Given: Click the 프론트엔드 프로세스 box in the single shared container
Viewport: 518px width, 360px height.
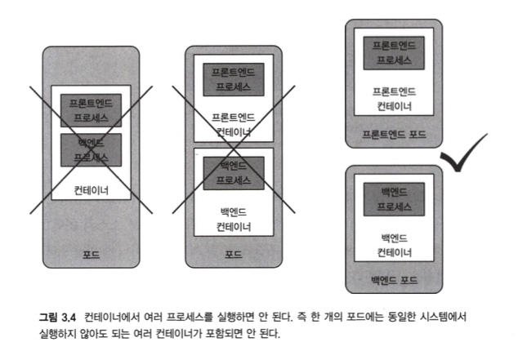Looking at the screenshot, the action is click(x=92, y=110).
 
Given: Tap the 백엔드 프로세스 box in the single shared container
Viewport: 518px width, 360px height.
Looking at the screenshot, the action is click(x=92, y=149).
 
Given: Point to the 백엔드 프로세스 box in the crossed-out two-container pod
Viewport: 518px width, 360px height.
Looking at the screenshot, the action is click(x=234, y=172).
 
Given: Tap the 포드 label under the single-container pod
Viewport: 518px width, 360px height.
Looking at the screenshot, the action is click(x=91, y=255).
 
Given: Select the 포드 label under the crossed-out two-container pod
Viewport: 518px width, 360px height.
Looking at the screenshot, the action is click(x=234, y=255).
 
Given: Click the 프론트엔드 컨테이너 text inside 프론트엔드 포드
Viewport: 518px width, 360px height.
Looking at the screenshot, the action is click(x=395, y=99).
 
